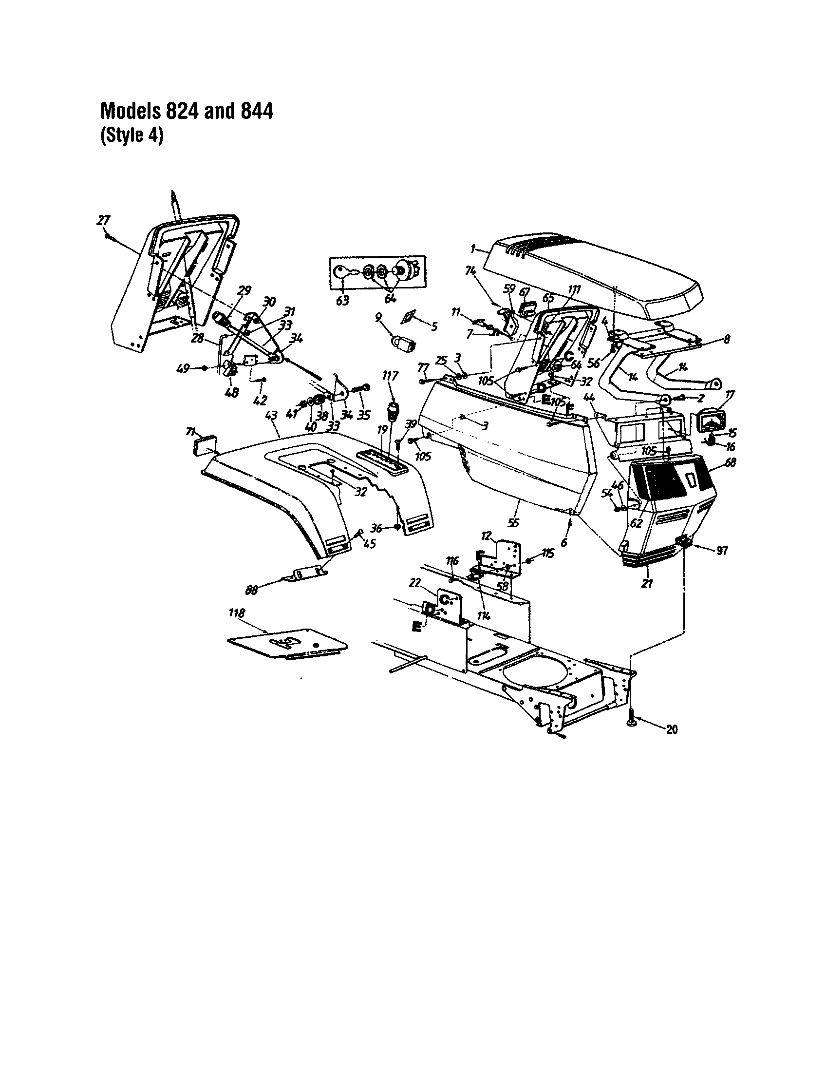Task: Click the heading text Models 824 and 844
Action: (x=187, y=111)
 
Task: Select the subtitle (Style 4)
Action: (x=131, y=136)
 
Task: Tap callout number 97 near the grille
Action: (x=722, y=551)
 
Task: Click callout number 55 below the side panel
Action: (x=513, y=523)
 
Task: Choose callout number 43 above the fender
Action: (x=271, y=416)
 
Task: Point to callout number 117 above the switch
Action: (x=391, y=376)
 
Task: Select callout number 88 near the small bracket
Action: (x=252, y=591)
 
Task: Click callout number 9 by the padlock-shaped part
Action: (x=378, y=318)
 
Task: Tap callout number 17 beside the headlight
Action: (x=730, y=394)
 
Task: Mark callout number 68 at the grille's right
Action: (x=731, y=462)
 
